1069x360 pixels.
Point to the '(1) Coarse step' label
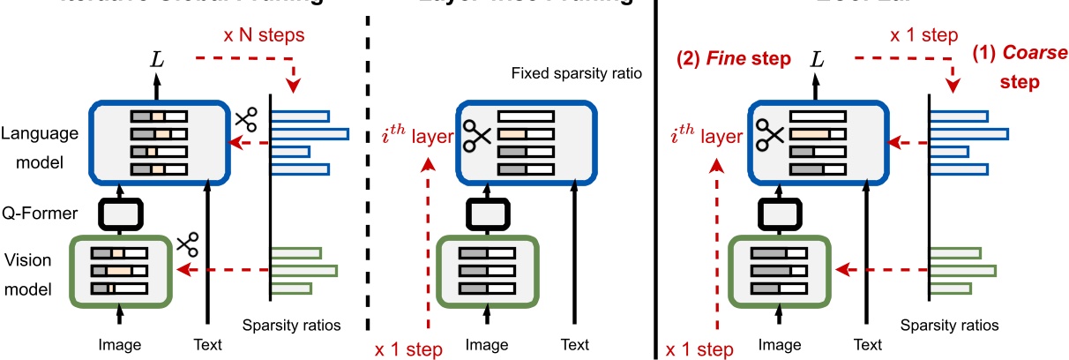1020,66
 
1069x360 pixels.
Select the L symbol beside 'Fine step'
818,59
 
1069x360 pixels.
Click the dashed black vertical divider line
367,176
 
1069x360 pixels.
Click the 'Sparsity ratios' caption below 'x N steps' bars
292,325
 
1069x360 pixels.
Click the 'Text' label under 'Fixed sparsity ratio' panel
574,344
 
